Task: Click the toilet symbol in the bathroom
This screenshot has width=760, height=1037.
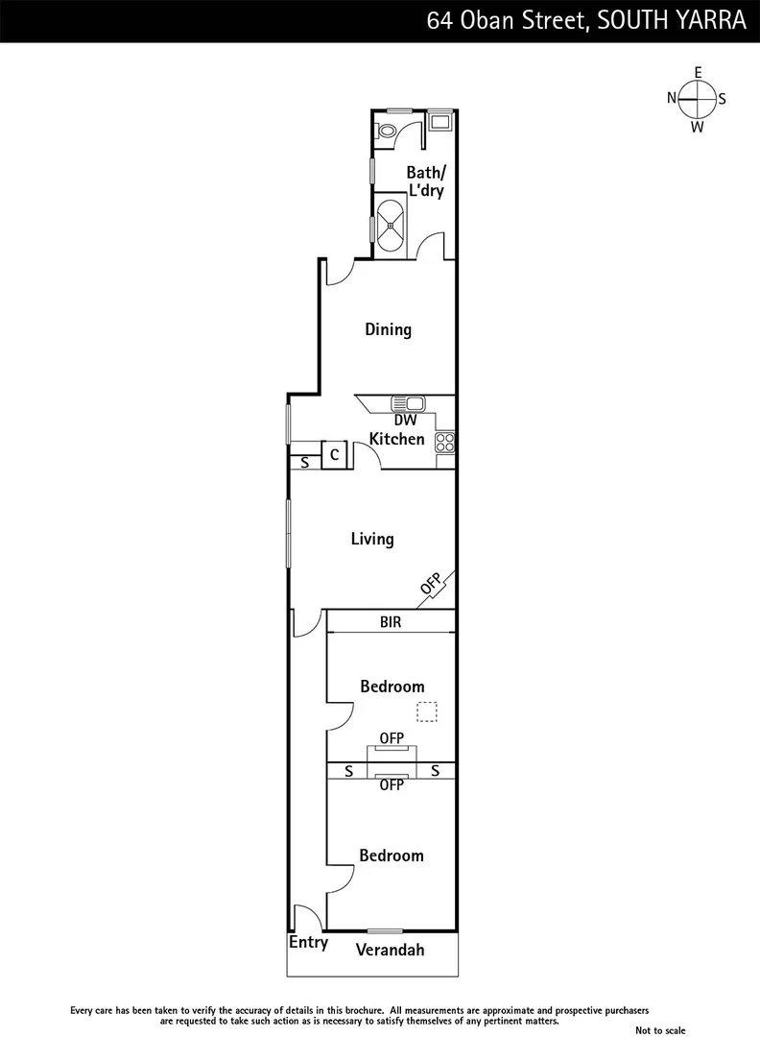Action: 387,132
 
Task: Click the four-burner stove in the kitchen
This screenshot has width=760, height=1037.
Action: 445,443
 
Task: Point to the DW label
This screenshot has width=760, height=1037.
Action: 405,420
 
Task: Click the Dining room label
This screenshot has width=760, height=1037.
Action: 388,329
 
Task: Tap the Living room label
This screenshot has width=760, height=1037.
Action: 371,539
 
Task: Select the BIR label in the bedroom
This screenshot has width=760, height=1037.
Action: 390,622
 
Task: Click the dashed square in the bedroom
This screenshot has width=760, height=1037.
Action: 427,711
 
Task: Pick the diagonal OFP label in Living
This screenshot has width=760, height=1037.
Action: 431,583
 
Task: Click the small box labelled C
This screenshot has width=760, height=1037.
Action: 333,454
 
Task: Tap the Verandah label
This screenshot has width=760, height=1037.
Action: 390,951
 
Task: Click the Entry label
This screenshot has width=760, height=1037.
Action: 308,943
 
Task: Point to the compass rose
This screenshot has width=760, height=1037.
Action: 698,99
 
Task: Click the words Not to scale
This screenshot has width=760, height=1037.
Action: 661,1029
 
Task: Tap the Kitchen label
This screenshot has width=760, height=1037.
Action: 397,439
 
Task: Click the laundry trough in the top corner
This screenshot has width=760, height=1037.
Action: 441,122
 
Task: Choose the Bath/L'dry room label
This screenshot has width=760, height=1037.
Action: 426,181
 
